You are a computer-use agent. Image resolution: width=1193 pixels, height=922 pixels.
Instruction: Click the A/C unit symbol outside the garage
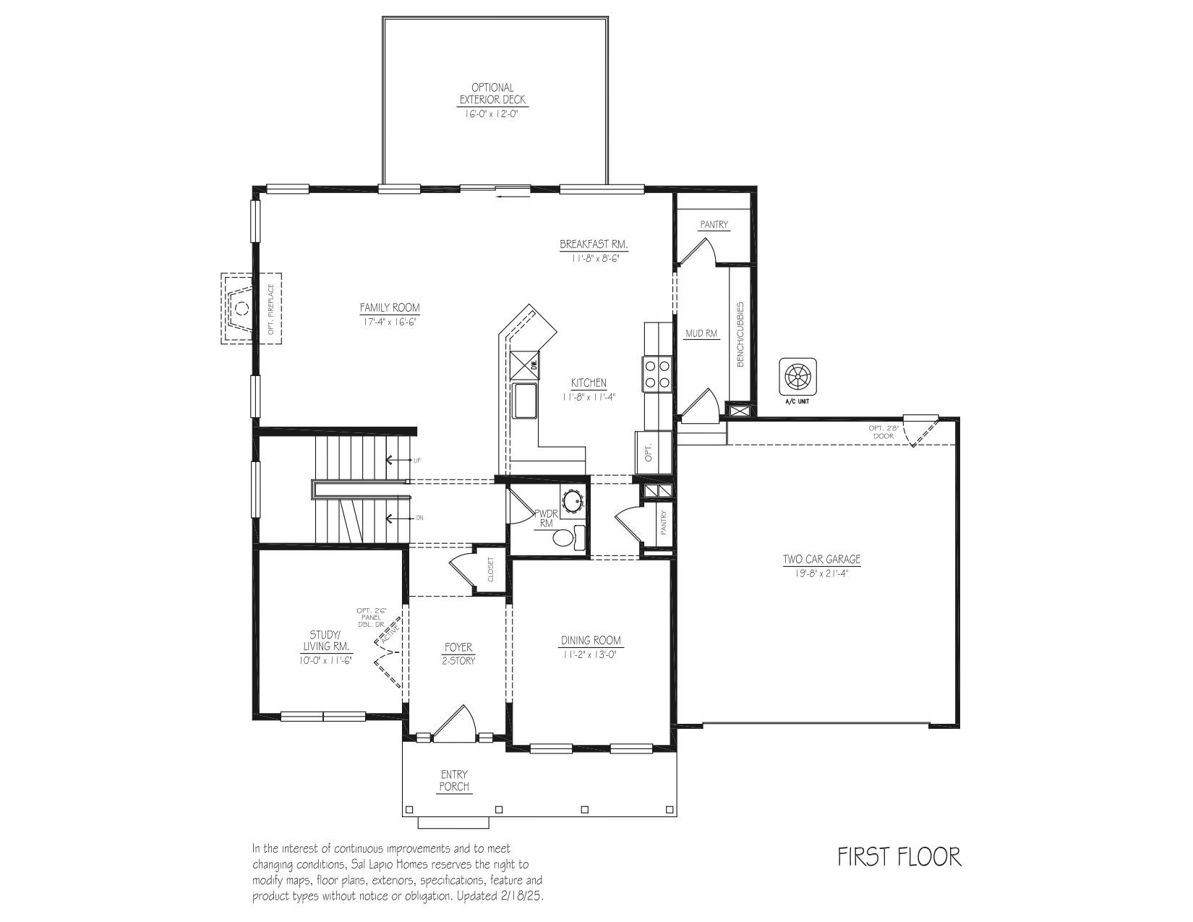(x=798, y=377)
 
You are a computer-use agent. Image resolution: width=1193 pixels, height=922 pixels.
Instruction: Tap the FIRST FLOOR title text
(x=899, y=857)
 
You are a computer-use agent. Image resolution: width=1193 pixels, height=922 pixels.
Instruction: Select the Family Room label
(x=390, y=307)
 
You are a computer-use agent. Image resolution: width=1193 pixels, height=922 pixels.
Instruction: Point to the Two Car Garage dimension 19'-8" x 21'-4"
(x=822, y=573)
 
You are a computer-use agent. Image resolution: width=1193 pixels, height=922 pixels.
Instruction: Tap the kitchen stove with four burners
(x=657, y=374)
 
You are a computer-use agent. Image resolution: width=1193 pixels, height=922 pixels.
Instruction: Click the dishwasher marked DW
(x=525, y=365)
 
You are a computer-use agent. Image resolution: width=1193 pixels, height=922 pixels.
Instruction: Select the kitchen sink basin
(x=525, y=401)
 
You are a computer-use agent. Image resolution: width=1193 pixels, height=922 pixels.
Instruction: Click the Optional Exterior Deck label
(x=492, y=93)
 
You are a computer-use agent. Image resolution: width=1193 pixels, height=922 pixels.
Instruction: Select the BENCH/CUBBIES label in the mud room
(x=740, y=334)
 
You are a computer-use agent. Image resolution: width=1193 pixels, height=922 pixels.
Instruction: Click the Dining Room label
(x=591, y=640)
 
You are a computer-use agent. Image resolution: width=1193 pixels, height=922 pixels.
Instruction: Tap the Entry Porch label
(x=454, y=780)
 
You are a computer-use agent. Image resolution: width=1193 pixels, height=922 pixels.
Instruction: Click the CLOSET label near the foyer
(x=490, y=570)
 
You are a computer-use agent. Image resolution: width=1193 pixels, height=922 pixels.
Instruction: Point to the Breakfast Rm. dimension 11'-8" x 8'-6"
(x=595, y=258)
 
